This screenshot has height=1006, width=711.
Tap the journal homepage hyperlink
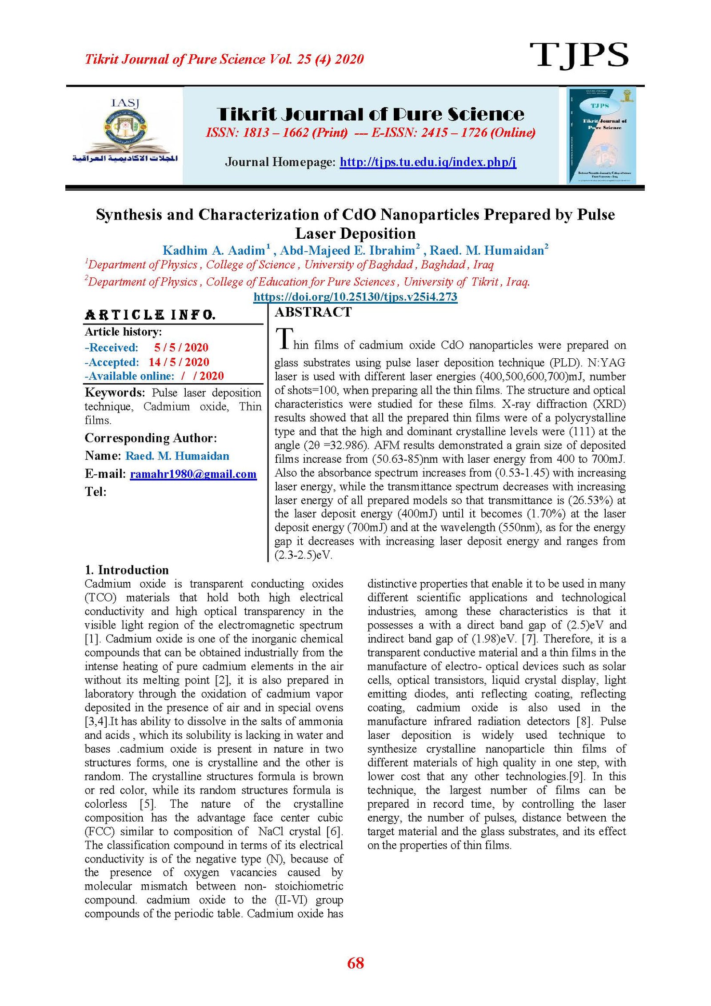(427, 162)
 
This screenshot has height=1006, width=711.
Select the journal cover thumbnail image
(601, 136)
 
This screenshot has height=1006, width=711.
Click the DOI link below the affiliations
(355, 297)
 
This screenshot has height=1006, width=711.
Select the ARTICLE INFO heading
(150, 315)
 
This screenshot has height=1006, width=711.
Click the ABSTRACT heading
(313, 313)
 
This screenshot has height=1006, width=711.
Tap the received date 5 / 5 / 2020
(181, 348)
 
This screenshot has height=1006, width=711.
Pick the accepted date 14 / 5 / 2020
(179, 362)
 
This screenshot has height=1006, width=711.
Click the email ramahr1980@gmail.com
(193, 474)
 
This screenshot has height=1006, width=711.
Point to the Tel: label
(96, 492)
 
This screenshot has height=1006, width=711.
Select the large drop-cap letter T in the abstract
(284, 339)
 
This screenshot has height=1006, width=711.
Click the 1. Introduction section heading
(127, 570)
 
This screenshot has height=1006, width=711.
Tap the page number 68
(355, 964)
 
